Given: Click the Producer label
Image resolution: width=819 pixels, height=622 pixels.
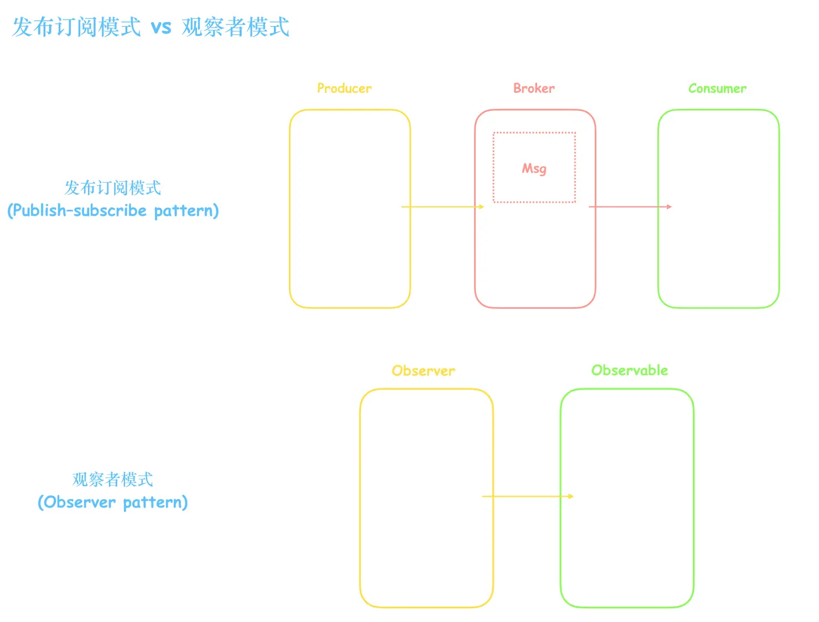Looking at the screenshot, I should tap(344, 89).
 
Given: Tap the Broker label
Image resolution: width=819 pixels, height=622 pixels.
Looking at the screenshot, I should tap(533, 89).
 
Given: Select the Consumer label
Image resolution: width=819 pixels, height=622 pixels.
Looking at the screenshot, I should tap(717, 89).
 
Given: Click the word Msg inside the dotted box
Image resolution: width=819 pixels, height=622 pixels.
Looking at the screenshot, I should tap(534, 169).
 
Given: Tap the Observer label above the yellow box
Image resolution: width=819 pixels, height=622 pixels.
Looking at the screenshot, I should tap(423, 371).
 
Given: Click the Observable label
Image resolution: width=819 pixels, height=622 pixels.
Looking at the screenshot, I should tap(630, 370).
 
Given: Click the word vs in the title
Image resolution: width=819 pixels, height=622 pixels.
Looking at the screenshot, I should tap(161, 27).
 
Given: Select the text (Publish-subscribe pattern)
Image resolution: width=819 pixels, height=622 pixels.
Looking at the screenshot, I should tap(113, 211).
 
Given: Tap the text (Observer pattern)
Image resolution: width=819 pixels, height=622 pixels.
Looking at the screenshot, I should tap(113, 502).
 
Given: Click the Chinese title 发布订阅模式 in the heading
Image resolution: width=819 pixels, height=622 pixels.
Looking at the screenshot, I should tap(76, 27).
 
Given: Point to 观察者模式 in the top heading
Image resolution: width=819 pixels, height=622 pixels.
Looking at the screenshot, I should tap(235, 27).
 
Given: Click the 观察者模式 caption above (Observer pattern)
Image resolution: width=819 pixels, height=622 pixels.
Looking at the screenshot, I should tap(113, 479).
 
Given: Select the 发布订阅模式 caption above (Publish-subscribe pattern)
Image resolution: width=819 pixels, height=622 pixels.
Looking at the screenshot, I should tap(113, 188).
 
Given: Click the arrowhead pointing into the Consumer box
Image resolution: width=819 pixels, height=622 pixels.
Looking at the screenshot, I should tap(669, 207).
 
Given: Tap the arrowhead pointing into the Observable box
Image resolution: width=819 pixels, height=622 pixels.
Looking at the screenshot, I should tap(571, 496).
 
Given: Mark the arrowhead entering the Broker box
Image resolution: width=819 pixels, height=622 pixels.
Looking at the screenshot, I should tap(481, 207).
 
